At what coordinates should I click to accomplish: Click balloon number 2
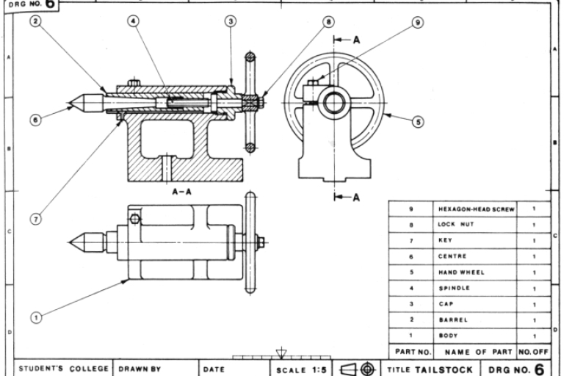(x=35, y=22)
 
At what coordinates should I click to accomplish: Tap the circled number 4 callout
(x=134, y=22)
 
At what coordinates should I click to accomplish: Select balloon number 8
(x=328, y=22)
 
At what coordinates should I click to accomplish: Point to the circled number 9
(x=418, y=23)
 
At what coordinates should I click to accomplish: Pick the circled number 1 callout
(x=35, y=317)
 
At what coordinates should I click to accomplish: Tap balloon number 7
(x=35, y=217)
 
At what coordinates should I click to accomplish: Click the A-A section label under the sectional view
(x=182, y=191)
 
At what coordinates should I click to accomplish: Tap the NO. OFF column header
(x=533, y=352)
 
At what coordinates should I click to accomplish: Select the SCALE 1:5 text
(x=300, y=368)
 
